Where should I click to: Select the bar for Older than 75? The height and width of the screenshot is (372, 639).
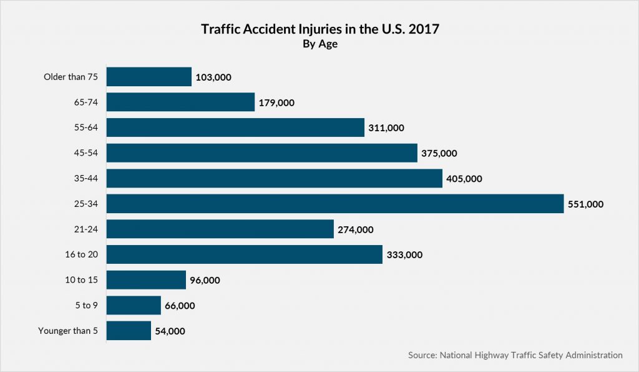tap(149, 77)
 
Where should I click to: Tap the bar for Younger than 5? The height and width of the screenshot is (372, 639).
tap(129, 331)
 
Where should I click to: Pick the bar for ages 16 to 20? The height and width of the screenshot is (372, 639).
tap(244, 254)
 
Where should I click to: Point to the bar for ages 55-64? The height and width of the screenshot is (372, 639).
tap(235, 128)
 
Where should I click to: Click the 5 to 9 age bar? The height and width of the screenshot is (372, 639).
tap(134, 305)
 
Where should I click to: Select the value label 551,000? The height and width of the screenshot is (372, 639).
tap(585, 204)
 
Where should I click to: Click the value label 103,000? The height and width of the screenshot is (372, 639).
tap(213, 78)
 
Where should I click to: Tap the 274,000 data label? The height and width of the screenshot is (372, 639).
tap(356, 230)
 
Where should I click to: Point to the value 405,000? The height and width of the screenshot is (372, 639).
tap(464, 179)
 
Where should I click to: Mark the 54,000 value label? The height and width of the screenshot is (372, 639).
tap(170, 331)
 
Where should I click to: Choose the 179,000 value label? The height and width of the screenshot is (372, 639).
tap(276, 103)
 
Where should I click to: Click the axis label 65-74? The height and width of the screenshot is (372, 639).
tap(85, 103)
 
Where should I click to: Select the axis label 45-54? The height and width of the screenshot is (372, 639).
tap(85, 153)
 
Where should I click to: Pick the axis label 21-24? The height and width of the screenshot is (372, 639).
tap(85, 229)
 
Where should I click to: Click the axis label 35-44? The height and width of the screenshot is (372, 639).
tap(85, 179)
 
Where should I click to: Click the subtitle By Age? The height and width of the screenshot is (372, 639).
tap(319, 44)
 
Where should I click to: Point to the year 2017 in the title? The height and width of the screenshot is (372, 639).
tap(424, 29)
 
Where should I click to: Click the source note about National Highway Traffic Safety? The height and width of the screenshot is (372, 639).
tap(515, 355)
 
